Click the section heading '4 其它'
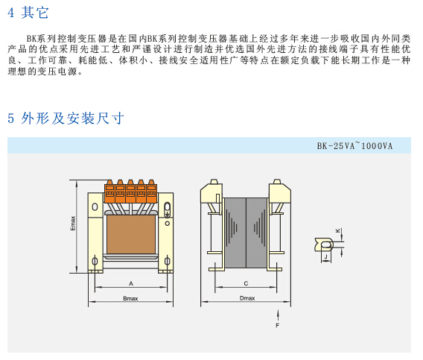pyautogui.click(x=28, y=13)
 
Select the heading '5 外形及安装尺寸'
pyautogui.click(x=66, y=118)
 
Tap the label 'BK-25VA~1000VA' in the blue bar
pyautogui.click(x=354, y=146)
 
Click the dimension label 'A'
pyautogui.click(x=131, y=283)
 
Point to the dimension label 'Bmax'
pyautogui.click(x=130, y=298)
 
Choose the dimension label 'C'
pyautogui.click(x=246, y=283)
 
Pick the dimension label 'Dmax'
pyautogui.click(x=247, y=298)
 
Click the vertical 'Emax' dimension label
pyautogui.click(x=73, y=223)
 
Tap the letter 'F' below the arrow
pyautogui.click(x=277, y=326)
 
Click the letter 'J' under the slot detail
pyautogui.click(x=326, y=256)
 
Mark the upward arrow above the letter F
pyautogui.click(x=278, y=315)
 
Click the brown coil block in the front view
pyautogui.click(x=131, y=234)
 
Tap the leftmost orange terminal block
pyautogui.click(x=109, y=192)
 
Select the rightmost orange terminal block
pyautogui.click(x=152, y=192)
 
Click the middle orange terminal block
pyautogui.click(x=130, y=192)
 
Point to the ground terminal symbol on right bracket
pyautogui.click(x=168, y=210)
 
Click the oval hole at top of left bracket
pyautogui.click(x=95, y=207)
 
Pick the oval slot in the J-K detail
pyautogui.click(x=326, y=245)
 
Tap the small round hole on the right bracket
pyautogui.click(x=168, y=224)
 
